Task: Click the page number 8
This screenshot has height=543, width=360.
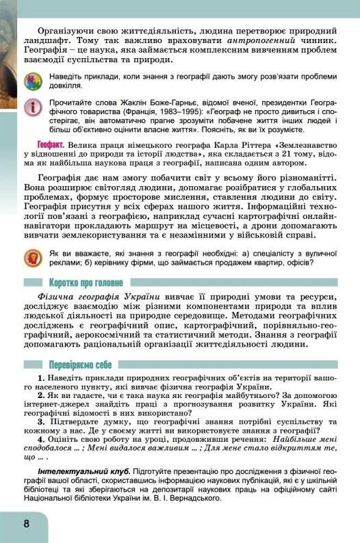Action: pos(25,525)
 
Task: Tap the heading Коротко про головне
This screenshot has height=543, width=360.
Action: pos(86,282)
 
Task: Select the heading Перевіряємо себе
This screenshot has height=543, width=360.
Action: pos(83,364)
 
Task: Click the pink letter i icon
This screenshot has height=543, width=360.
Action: pos(32,108)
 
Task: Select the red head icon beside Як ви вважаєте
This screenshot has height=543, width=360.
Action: pos(32,259)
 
